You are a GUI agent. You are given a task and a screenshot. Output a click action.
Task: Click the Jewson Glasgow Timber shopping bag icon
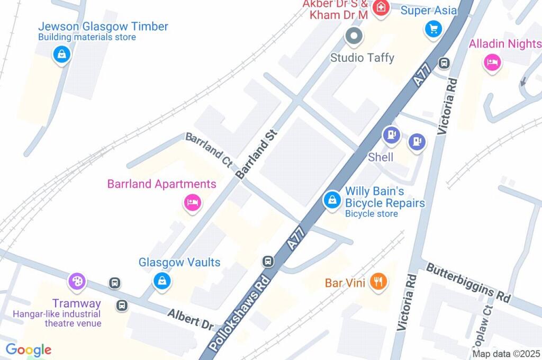tap(62, 54)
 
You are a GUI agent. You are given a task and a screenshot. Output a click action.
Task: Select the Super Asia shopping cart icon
tap(433, 29)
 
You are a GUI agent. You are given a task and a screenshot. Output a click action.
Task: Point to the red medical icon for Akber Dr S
tap(379, 7)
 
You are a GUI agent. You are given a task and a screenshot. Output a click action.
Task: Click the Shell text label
tap(381, 157)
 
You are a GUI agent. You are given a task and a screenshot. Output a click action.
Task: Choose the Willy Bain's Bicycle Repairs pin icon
tap(332, 200)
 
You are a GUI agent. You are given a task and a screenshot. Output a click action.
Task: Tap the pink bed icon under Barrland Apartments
tap(192, 202)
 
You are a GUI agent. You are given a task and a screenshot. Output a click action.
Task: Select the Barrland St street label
tap(257, 154)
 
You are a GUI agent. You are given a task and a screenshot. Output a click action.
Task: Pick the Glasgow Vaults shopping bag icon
tap(162, 281)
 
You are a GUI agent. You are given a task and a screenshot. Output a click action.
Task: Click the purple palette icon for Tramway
tap(77, 281)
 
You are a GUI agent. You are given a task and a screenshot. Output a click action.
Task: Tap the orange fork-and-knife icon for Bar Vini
tap(378, 282)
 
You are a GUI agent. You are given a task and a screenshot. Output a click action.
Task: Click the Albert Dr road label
tap(191, 320)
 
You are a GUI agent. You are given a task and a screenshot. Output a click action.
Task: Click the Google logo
tap(29, 350)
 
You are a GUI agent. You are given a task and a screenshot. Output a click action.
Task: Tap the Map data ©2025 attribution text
tap(506, 354)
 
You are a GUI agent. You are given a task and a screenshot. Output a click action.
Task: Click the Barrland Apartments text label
tap(161, 184)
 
